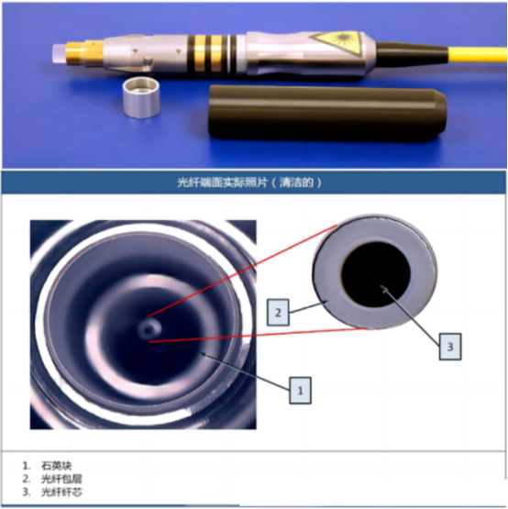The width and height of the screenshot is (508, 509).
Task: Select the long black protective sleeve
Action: click(x=326, y=114)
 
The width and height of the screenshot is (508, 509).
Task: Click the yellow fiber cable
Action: click(x=477, y=54)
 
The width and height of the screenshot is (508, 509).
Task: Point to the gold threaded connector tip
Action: click(x=85, y=53)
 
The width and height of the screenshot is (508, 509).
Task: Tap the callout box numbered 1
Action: click(x=300, y=390)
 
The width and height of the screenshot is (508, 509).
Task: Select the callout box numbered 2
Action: click(x=278, y=313)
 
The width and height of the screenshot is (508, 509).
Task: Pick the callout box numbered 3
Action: click(x=450, y=347)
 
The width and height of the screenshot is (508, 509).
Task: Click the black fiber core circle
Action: click(x=376, y=274)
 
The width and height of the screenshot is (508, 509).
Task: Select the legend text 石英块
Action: click(x=56, y=466)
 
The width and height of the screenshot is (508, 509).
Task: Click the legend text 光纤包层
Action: click(x=61, y=479)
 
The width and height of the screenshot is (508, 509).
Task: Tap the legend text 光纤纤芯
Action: click(x=61, y=492)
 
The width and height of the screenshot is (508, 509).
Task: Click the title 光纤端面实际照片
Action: click(x=222, y=183)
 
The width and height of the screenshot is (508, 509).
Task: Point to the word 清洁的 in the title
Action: click(x=296, y=183)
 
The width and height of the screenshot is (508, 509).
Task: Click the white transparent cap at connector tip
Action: click(x=60, y=53)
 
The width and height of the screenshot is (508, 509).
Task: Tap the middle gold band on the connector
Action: click(x=200, y=53)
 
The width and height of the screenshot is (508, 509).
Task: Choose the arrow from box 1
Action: click(x=246, y=371)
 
